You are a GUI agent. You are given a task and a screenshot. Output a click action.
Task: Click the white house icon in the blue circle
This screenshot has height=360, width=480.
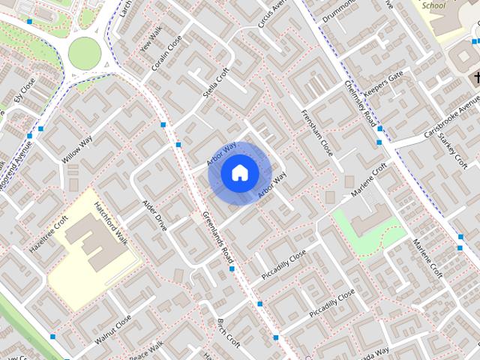point(239,173)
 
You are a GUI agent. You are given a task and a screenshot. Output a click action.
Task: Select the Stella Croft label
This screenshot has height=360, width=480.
point(215,85)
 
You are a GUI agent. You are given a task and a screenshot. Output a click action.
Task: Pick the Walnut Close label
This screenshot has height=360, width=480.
point(113,328)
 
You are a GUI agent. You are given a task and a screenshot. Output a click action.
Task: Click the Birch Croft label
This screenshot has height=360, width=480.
point(227,333)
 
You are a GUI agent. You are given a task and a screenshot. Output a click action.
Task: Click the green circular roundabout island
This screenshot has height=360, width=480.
point(83,52)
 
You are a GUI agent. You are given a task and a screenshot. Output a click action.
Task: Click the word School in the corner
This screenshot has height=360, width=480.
point(433,5)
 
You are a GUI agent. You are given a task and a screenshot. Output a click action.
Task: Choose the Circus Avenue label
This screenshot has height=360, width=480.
point(272,14)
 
